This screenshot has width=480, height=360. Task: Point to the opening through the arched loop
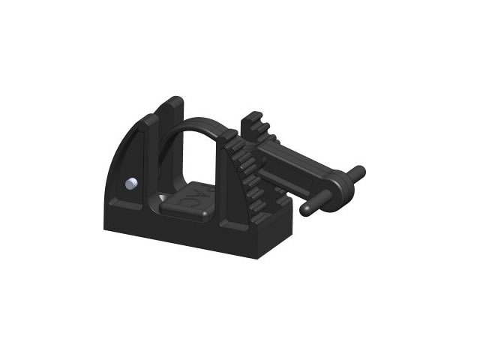click(x=196, y=157)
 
